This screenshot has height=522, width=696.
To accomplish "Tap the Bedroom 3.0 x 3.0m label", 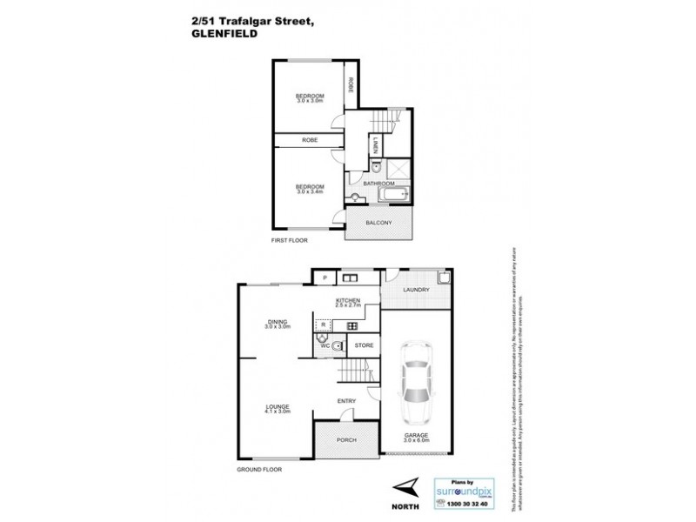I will coord(309,97).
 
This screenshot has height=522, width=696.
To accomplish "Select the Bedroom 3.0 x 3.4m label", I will coord(309,189).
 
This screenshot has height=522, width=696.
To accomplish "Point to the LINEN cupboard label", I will coord(375,146).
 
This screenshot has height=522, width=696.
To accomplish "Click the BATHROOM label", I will coord(378,184).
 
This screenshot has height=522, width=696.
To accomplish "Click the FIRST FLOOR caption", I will coord(290,239).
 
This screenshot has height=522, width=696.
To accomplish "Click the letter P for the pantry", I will coord(325,278).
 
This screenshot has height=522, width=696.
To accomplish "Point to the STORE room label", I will coord(365,345).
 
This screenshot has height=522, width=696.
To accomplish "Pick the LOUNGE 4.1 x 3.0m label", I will coord(278,407).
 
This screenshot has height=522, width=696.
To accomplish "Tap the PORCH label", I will coord(346,440).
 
